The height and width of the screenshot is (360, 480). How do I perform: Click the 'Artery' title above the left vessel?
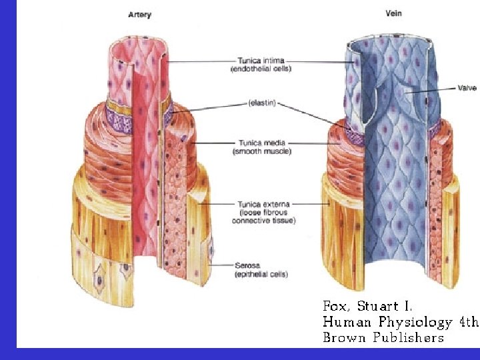[x=139, y=15]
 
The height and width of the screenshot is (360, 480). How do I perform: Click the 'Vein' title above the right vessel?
[x=393, y=13]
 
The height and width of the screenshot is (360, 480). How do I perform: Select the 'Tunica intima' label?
[x=255, y=60]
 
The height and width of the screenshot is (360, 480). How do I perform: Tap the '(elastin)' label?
[x=261, y=103]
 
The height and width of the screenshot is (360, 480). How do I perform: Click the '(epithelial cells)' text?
[x=260, y=274]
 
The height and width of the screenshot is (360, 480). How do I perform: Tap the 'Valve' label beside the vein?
[x=467, y=87]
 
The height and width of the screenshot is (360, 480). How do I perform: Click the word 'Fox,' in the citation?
[x=337, y=307]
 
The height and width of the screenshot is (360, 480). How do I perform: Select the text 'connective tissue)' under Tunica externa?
[x=264, y=221]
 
